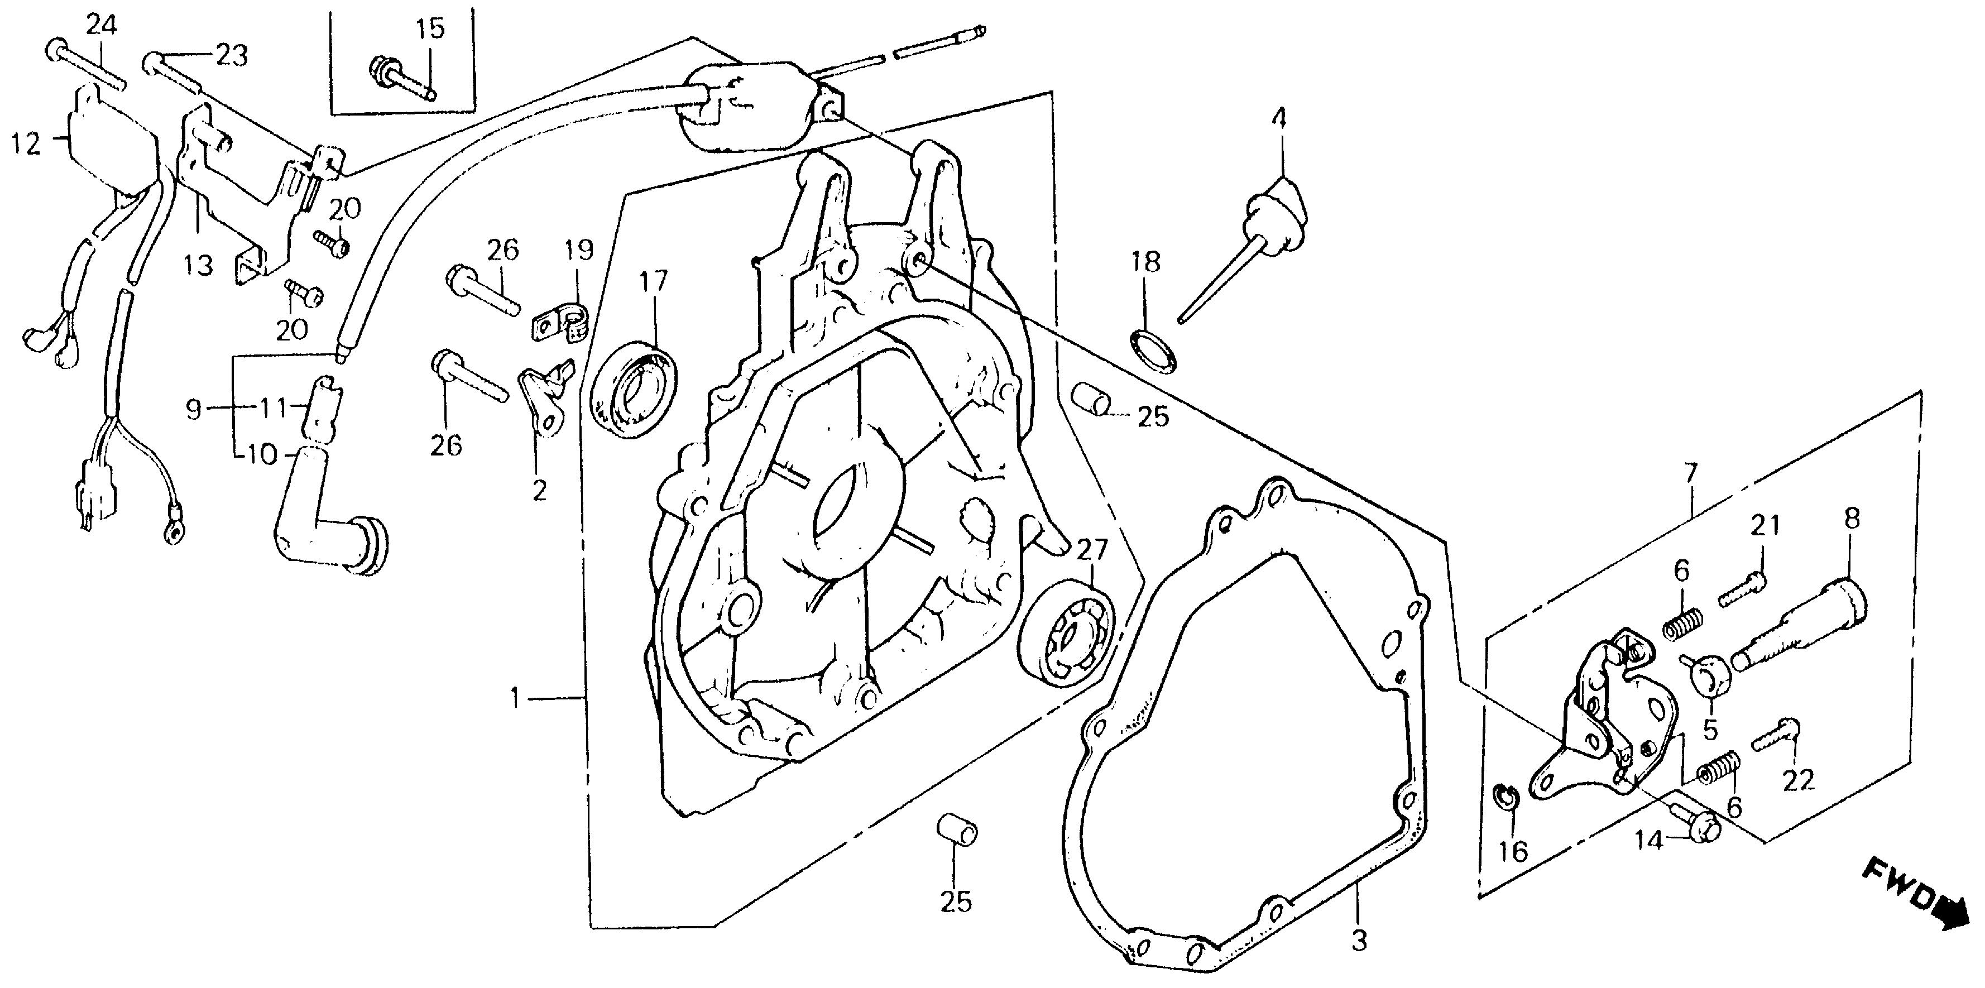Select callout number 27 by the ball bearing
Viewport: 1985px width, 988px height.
click(1092, 550)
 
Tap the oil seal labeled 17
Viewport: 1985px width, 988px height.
click(634, 393)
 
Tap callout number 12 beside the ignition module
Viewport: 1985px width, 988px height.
click(26, 143)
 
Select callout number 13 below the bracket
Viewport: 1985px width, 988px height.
click(198, 266)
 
